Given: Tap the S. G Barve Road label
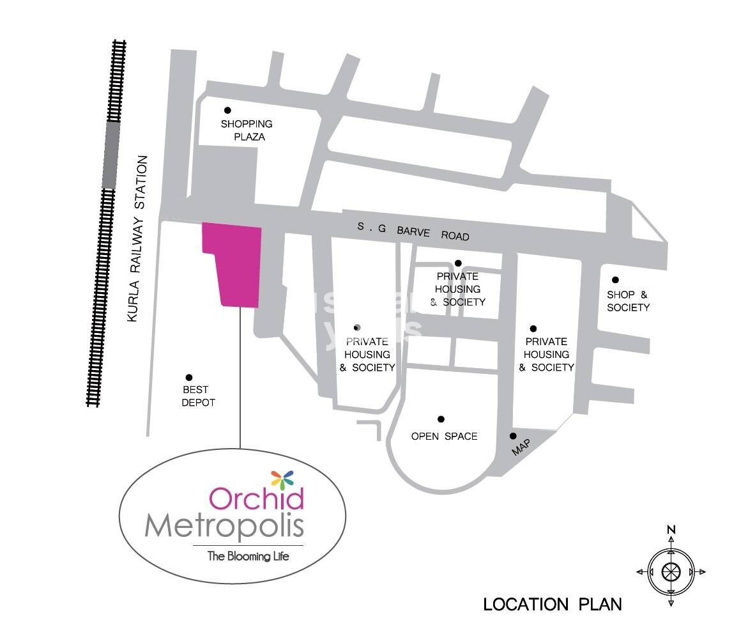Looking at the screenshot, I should (413, 231).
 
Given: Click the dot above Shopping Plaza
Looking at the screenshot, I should (227, 111).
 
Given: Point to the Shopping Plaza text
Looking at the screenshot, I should (247, 130).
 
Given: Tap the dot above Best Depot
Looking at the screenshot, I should (188, 378).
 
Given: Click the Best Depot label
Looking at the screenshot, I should (198, 396).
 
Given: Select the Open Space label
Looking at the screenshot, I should (444, 436).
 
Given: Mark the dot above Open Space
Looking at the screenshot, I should (441, 419).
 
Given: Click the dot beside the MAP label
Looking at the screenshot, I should (513, 436).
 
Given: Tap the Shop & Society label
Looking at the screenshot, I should (628, 301).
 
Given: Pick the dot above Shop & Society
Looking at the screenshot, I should (615, 280).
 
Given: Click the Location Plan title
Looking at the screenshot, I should (552, 604).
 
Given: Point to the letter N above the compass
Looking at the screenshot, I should (671, 529).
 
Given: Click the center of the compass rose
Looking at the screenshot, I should (671, 571).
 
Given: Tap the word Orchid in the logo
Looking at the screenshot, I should (256, 499).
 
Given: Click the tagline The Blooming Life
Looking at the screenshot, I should (248, 556).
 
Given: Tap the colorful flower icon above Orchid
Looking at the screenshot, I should (282, 478).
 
